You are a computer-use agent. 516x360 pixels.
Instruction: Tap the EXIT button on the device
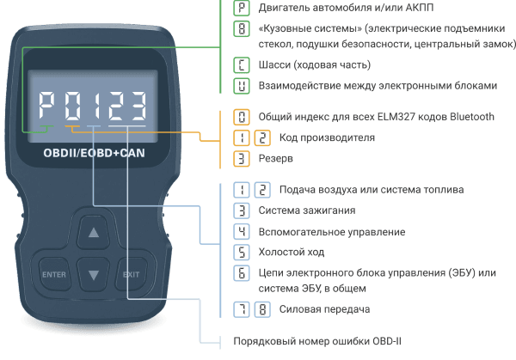132,275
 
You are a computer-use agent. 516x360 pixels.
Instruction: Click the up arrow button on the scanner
94,233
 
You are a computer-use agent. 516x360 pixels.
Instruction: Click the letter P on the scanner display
46,106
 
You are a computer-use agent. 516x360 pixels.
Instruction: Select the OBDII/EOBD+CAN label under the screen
94,153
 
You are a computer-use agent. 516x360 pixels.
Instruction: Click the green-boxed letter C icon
242,65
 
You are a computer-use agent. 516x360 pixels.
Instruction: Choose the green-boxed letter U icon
242,86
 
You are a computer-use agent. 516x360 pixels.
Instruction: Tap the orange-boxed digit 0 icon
242,117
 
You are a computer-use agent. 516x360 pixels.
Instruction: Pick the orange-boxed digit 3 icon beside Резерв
242,158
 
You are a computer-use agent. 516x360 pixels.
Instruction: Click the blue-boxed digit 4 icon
242,232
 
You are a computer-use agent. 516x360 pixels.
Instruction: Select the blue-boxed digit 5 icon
242,252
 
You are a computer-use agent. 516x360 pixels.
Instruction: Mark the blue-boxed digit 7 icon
242,309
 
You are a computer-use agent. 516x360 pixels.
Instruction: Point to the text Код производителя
327,137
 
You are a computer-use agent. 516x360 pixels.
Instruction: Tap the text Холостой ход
292,252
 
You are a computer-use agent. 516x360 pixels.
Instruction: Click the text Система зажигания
307,211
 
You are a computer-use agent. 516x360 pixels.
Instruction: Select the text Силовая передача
324,309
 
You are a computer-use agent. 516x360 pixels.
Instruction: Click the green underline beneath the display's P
46,126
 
